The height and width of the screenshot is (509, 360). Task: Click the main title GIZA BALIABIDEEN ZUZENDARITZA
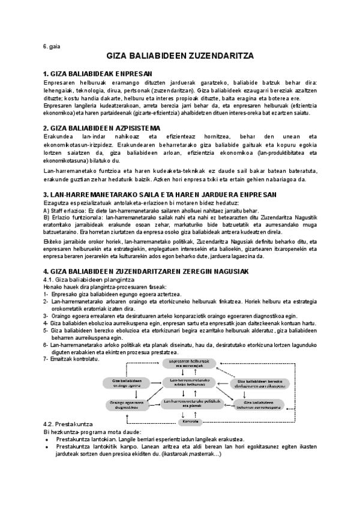180,56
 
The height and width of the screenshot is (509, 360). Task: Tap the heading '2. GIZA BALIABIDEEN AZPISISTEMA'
102,128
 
